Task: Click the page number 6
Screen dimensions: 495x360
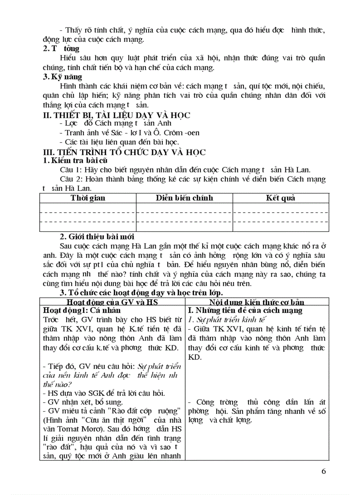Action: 324,472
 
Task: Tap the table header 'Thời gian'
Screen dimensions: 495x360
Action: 88,198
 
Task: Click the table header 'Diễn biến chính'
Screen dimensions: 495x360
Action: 184,198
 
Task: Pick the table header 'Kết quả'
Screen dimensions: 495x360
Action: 280,198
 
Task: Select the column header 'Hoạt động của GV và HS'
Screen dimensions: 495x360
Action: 112,302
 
